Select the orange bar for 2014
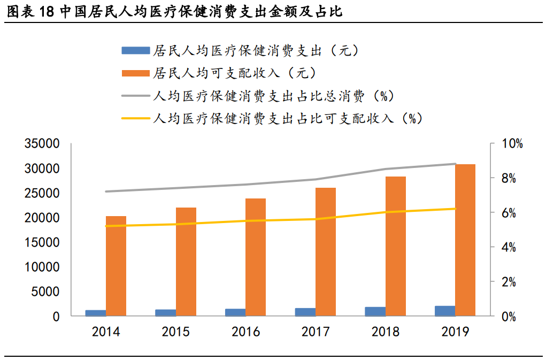tap(116, 266)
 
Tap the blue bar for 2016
tap(235, 312)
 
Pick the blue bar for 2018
tap(375, 311)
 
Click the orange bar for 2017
tap(325, 251)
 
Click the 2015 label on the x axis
tap(175, 332)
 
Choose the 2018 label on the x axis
tap(385, 332)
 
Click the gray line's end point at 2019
tap(455, 164)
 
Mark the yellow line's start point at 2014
tap(106, 226)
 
